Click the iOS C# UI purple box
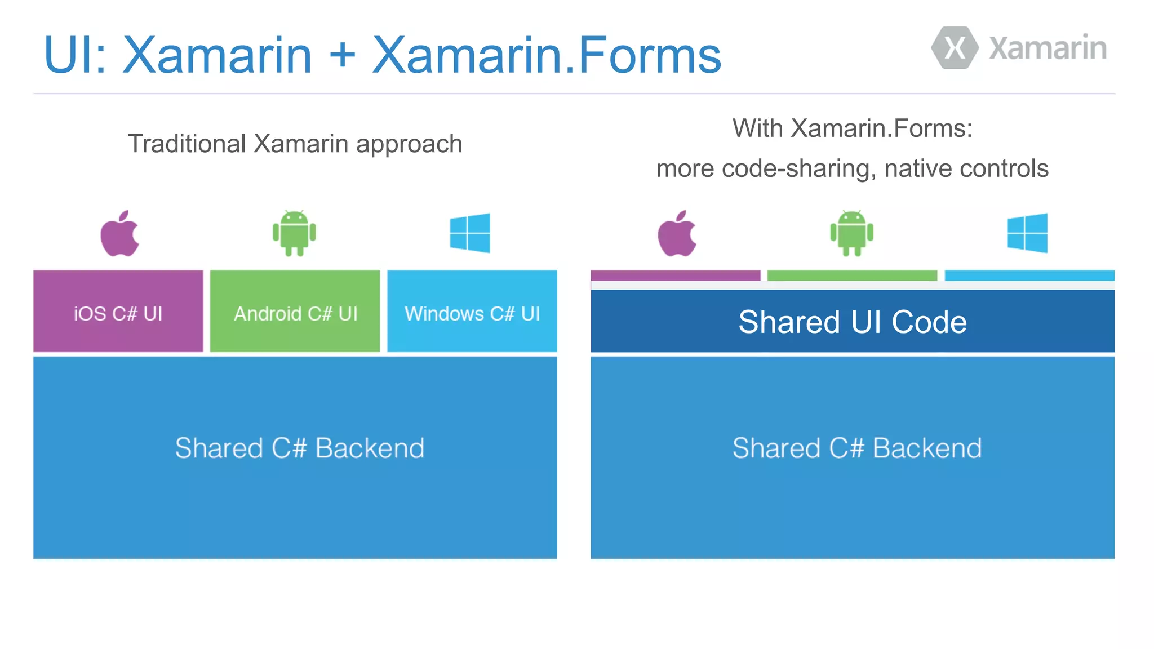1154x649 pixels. click(118, 311)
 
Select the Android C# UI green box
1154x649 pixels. click(295, 311)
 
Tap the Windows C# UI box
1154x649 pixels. click(472, 311)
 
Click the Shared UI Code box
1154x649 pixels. click(852, 321)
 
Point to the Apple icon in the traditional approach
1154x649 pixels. click(119, 233)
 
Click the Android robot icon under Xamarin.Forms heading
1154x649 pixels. click(851, 233)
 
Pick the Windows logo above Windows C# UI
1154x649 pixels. click(470, 233)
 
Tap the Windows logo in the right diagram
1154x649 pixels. click(1027, 233)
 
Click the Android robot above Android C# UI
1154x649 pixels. click(294, 233)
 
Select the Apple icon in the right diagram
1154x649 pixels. click(677, 233)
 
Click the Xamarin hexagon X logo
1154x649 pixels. click(955, 48)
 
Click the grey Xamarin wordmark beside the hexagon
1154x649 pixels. click(1048, 48)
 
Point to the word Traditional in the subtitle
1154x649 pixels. click(187, 144)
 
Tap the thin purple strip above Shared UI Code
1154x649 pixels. click(675, 275)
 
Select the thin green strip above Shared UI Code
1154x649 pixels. click(852, 275)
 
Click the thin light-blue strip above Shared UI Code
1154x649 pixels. click(1029, 275)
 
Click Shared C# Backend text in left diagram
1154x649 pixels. click(299, 448)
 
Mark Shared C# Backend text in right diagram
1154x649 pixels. click(856, 448)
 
